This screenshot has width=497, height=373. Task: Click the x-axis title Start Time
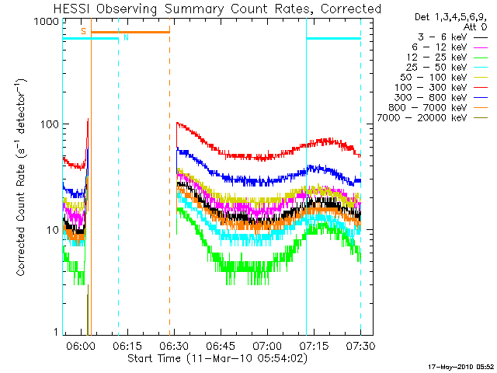click(x=213, y=358)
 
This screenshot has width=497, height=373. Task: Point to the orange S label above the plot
click(x=83, y=30)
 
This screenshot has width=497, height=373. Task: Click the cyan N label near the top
click(x=127, y=37)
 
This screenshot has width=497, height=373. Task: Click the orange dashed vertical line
click(x=169, y=194)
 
